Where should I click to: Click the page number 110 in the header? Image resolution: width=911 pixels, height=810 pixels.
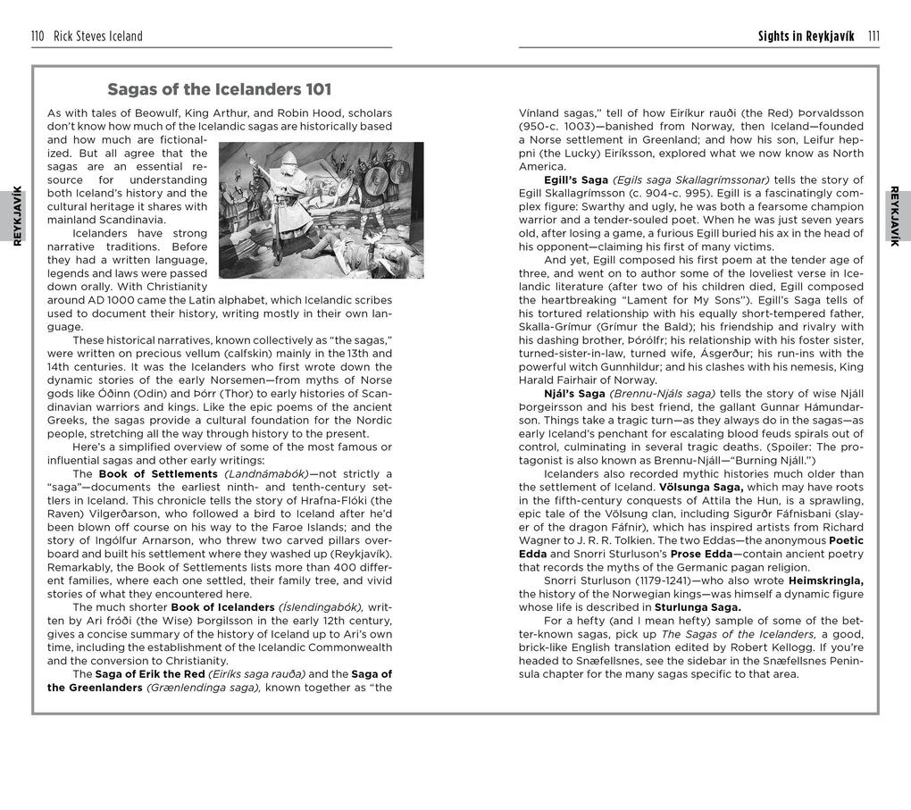38,37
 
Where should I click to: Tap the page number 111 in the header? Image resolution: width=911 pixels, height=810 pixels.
873,37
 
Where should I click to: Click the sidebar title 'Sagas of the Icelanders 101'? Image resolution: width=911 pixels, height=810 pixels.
220,89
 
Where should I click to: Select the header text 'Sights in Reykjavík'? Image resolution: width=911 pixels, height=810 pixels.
806,37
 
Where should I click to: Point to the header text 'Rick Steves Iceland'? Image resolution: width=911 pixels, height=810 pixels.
98,37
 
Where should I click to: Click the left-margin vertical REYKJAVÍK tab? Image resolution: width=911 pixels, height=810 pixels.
17,215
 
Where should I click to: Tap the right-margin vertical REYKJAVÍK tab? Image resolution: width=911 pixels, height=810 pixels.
895,215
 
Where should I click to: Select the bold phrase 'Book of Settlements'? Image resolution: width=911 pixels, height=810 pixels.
158,473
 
